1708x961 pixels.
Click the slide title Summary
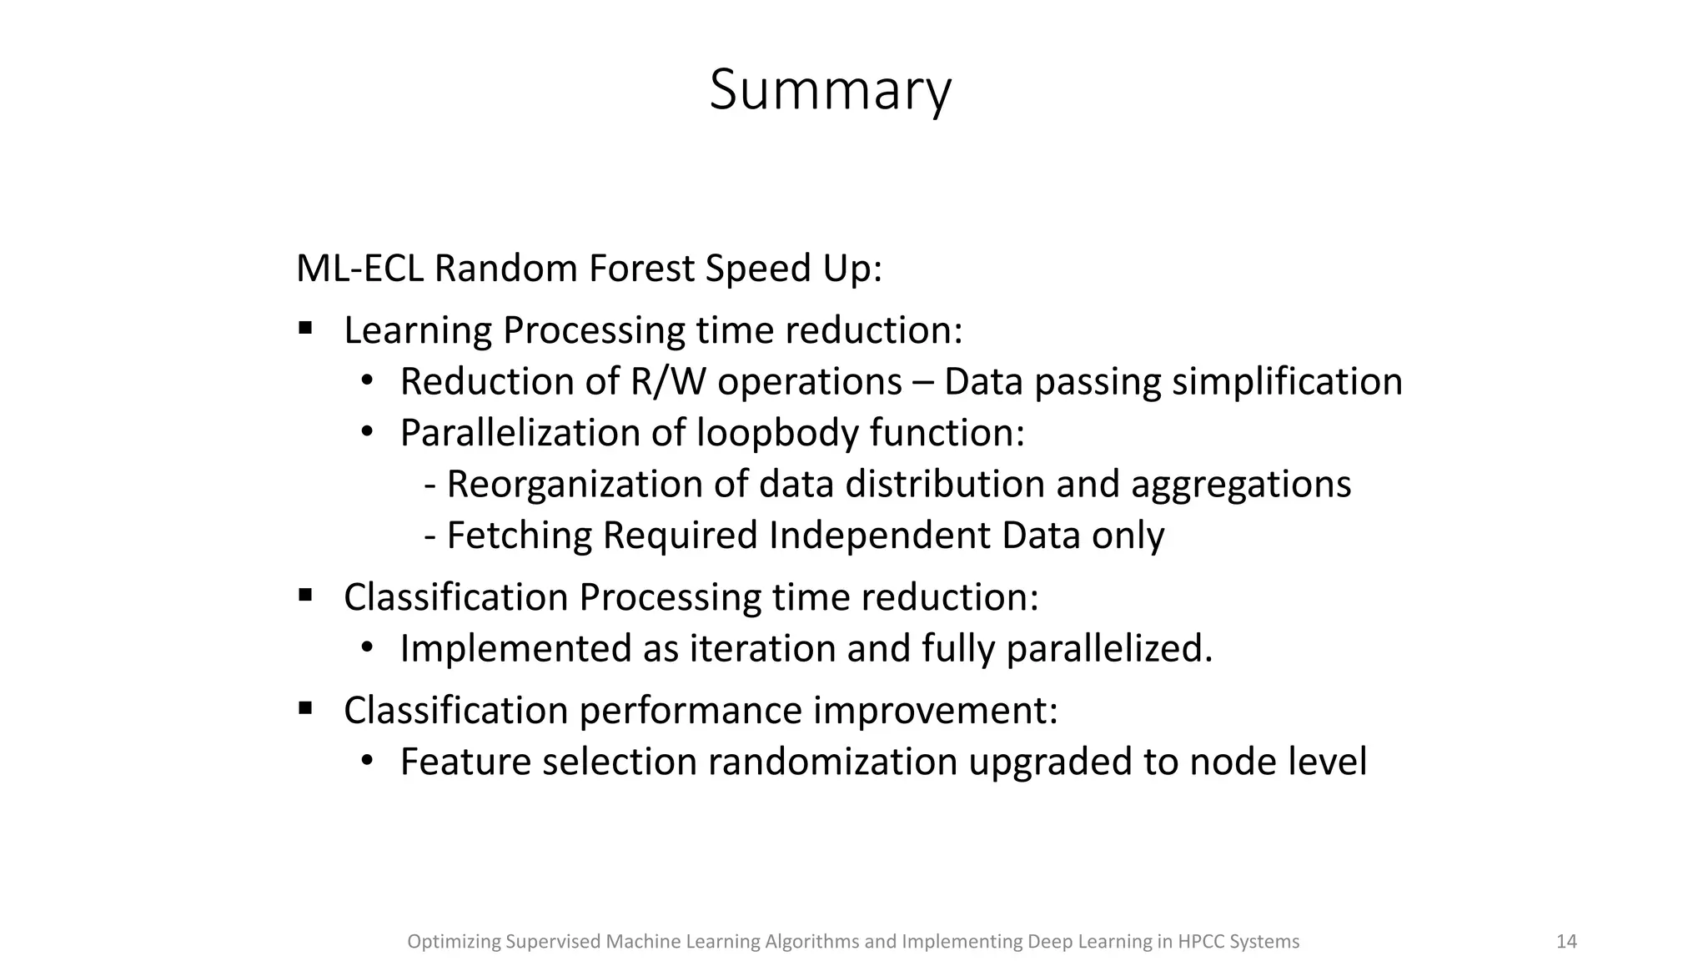click(x=830, y=90)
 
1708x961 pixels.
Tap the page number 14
click(x=1566, y=942)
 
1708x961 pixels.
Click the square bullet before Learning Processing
click(x=305, y=328)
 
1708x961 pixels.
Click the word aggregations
click(x=1240, y=485)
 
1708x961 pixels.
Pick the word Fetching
click(x=519, y=536)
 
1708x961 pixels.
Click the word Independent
click(x=879, y=536)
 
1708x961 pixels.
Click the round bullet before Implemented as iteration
click(x=367, y=647)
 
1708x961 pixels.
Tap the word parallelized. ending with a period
click(x=1109, y=649)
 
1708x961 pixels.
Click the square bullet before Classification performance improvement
click(x=305, y=709)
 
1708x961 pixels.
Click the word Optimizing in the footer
click(x=453, y=942)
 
